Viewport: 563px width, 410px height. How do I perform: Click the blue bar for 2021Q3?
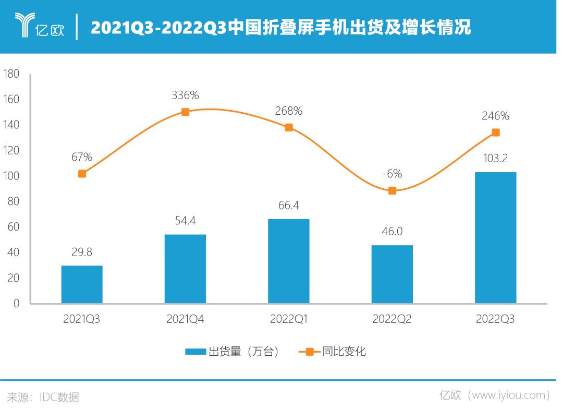(x=82, y=284)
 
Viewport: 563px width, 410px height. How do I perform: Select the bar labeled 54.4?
(x=185, y=269)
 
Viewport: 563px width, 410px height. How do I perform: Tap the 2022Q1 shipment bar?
(x=288, y=261)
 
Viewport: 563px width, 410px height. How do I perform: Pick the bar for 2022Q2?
(x=392, y=274)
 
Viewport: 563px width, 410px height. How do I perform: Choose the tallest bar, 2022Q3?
(x=495, y=237)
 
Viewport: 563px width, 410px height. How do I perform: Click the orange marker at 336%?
(x=185, y=112)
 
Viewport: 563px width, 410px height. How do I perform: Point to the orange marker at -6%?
(x=392, y=190)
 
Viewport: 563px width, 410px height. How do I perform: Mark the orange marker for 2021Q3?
(x=82, y=173)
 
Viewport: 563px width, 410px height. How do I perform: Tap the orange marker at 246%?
(x=495, y=132)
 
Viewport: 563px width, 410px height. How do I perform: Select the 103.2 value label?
(x=495, y=158)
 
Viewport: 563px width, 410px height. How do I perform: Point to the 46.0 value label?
(x=392, y=232)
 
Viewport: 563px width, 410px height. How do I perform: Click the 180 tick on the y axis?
(x=11, y=74)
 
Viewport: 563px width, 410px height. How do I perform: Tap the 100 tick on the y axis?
(x=11, y=176)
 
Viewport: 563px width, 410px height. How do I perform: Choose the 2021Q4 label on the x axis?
(x=185, y=319)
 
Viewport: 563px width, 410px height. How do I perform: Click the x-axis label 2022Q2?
(x=392, y=319)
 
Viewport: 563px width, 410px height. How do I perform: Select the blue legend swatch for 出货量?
(x=195, y=352)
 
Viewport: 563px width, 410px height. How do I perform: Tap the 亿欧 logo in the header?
(x=40, y=26)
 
